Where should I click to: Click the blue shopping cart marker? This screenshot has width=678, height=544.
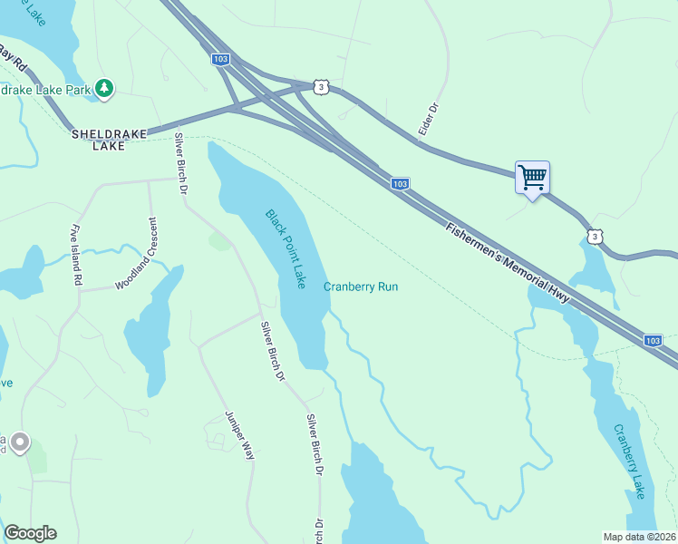tap(532, 177)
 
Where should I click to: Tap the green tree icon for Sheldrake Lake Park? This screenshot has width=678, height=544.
tap(106, 88)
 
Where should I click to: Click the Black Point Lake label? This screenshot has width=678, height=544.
tap(286, 248)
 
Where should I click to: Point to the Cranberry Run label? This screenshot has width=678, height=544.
tap(361, 287)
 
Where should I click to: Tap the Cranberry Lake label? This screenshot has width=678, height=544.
tap(628, 461)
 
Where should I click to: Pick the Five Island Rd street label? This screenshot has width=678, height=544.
tap(76, 257)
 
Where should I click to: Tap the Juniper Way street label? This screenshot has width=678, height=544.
tap(240, 436)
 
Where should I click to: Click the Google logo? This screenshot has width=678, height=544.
tap(30, 533)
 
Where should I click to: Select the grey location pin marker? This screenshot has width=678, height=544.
tap(19, 442)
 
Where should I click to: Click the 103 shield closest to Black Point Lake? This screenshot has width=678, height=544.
tap(400, 184)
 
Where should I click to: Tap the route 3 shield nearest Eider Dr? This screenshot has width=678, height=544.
tap(321, 86)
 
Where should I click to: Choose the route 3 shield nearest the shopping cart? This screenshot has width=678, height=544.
tap(593, 236)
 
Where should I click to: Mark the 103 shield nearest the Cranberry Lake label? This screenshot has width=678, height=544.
tap(653, 340)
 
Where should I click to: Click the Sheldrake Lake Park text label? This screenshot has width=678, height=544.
tap(45, 90)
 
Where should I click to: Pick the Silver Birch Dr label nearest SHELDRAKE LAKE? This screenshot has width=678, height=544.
tap(180, 163)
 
